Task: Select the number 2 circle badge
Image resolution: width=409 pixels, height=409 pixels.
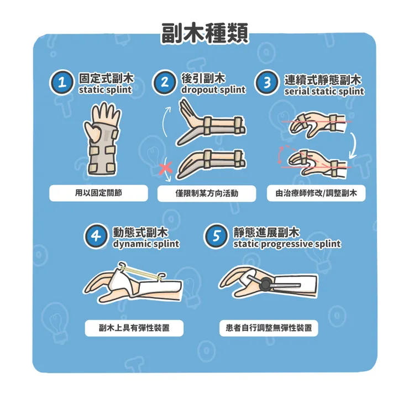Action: (165, 83)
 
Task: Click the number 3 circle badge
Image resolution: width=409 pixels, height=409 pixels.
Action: (267, 83)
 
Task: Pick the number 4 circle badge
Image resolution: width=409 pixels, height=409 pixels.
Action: (96, 237)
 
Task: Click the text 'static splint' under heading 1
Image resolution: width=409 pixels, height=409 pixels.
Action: (106, 90)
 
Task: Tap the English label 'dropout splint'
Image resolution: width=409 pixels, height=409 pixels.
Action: (213, 90)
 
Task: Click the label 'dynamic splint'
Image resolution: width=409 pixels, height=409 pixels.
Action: (146, 244)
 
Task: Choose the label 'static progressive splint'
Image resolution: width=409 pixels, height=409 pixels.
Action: (287, 244)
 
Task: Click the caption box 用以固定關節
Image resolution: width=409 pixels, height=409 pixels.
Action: (98, 193)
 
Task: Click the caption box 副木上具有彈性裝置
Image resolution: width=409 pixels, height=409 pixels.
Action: (134, 328)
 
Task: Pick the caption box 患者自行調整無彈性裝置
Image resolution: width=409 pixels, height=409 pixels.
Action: (269, 328)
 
